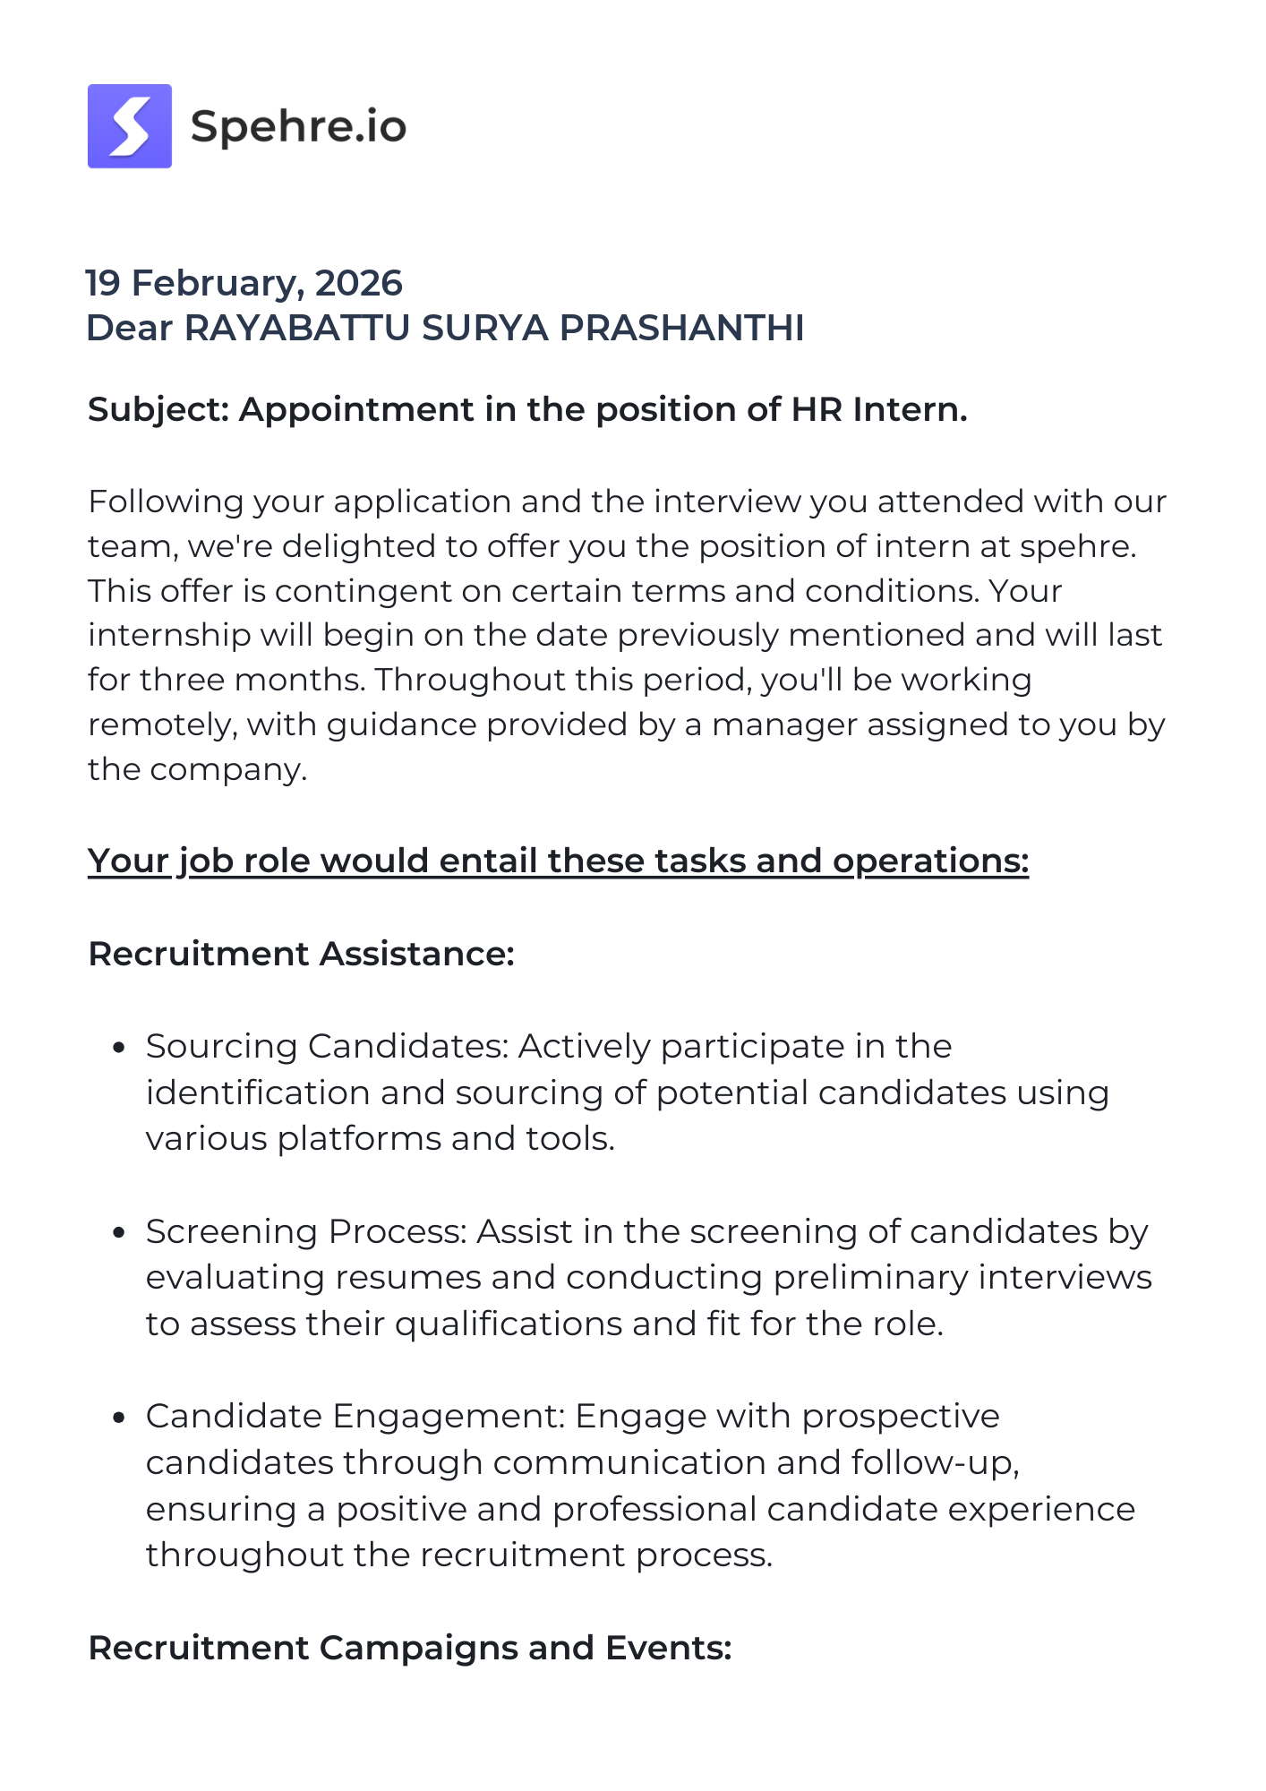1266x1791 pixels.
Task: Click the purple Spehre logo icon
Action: click(130, 126)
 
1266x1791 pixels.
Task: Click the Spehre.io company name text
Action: click(298, 126)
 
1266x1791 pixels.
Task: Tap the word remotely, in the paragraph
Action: click(162, 724)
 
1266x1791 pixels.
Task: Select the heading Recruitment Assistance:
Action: click(301, 954)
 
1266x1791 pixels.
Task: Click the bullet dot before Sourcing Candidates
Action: click(118, 1047)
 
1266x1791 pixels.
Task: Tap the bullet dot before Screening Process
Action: click(118, 1232)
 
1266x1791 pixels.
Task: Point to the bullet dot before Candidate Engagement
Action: click(118, 1417)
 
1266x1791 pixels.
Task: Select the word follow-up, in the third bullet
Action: click(935, 1462)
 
